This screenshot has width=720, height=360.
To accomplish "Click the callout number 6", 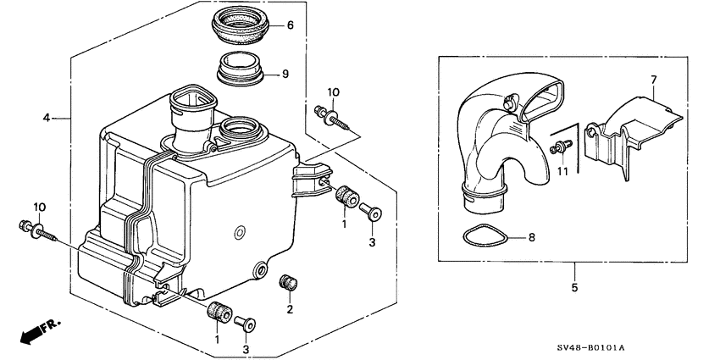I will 289,25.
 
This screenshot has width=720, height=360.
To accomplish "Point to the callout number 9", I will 285,74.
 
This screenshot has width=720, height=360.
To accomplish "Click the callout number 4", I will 47,118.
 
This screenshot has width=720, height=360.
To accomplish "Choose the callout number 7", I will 653,80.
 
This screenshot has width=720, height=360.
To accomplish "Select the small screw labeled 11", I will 559,148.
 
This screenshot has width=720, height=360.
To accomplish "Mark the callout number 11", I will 560,170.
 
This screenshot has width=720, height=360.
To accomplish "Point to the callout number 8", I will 532,238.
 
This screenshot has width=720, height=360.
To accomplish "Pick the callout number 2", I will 290,310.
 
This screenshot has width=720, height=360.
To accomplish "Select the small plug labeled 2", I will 288,282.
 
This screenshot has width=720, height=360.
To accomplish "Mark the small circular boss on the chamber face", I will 240,231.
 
